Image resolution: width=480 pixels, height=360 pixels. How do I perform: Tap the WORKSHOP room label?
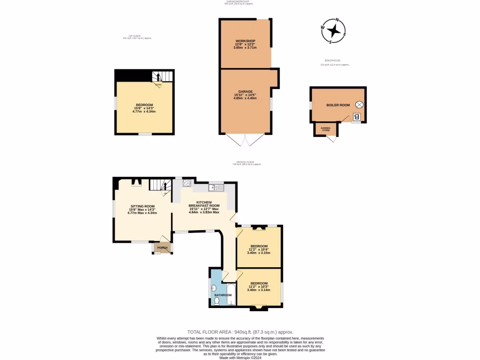[246, 41]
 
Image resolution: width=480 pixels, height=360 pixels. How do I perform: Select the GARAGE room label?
[245, 91]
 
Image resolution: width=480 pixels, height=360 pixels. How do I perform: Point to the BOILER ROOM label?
[338, 105]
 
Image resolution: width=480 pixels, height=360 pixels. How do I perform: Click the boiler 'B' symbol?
[357, 117]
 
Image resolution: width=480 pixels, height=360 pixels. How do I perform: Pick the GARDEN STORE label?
[325, 129]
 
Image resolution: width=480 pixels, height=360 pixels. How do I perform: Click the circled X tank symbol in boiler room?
[359, 105]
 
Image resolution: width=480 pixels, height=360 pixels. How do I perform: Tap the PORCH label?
[162, 247]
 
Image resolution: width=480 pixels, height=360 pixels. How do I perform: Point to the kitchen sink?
[214, 187]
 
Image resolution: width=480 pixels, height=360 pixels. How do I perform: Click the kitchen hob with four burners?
[186, 183]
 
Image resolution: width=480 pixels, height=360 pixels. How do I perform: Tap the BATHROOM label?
[223, 295]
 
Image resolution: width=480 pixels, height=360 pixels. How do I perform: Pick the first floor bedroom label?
[144, 105]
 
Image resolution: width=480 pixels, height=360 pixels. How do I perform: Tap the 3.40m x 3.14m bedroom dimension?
[259, 290]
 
